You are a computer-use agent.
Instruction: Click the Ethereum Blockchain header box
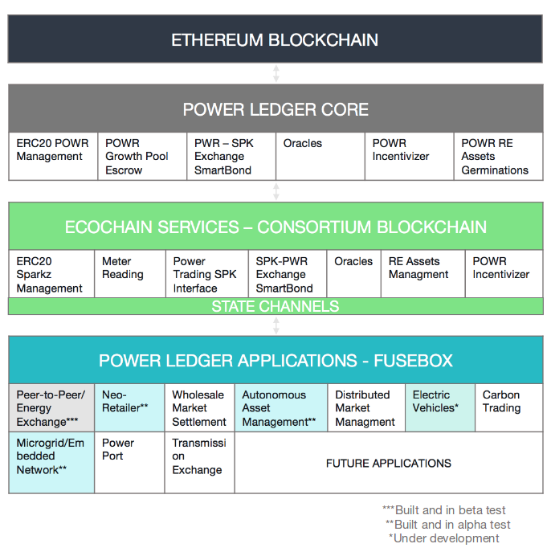click(275, 39)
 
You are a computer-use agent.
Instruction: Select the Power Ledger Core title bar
click(275, 109)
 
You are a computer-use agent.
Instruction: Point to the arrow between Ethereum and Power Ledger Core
click(275, 73)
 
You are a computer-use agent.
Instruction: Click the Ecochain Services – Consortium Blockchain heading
click(275, 227)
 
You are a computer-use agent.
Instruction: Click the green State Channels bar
click(275, 306)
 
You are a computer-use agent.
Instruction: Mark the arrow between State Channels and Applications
click(275, 325)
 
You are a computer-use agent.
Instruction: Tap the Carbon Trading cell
click(509, 407)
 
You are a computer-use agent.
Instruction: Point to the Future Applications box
click(388, 463)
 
